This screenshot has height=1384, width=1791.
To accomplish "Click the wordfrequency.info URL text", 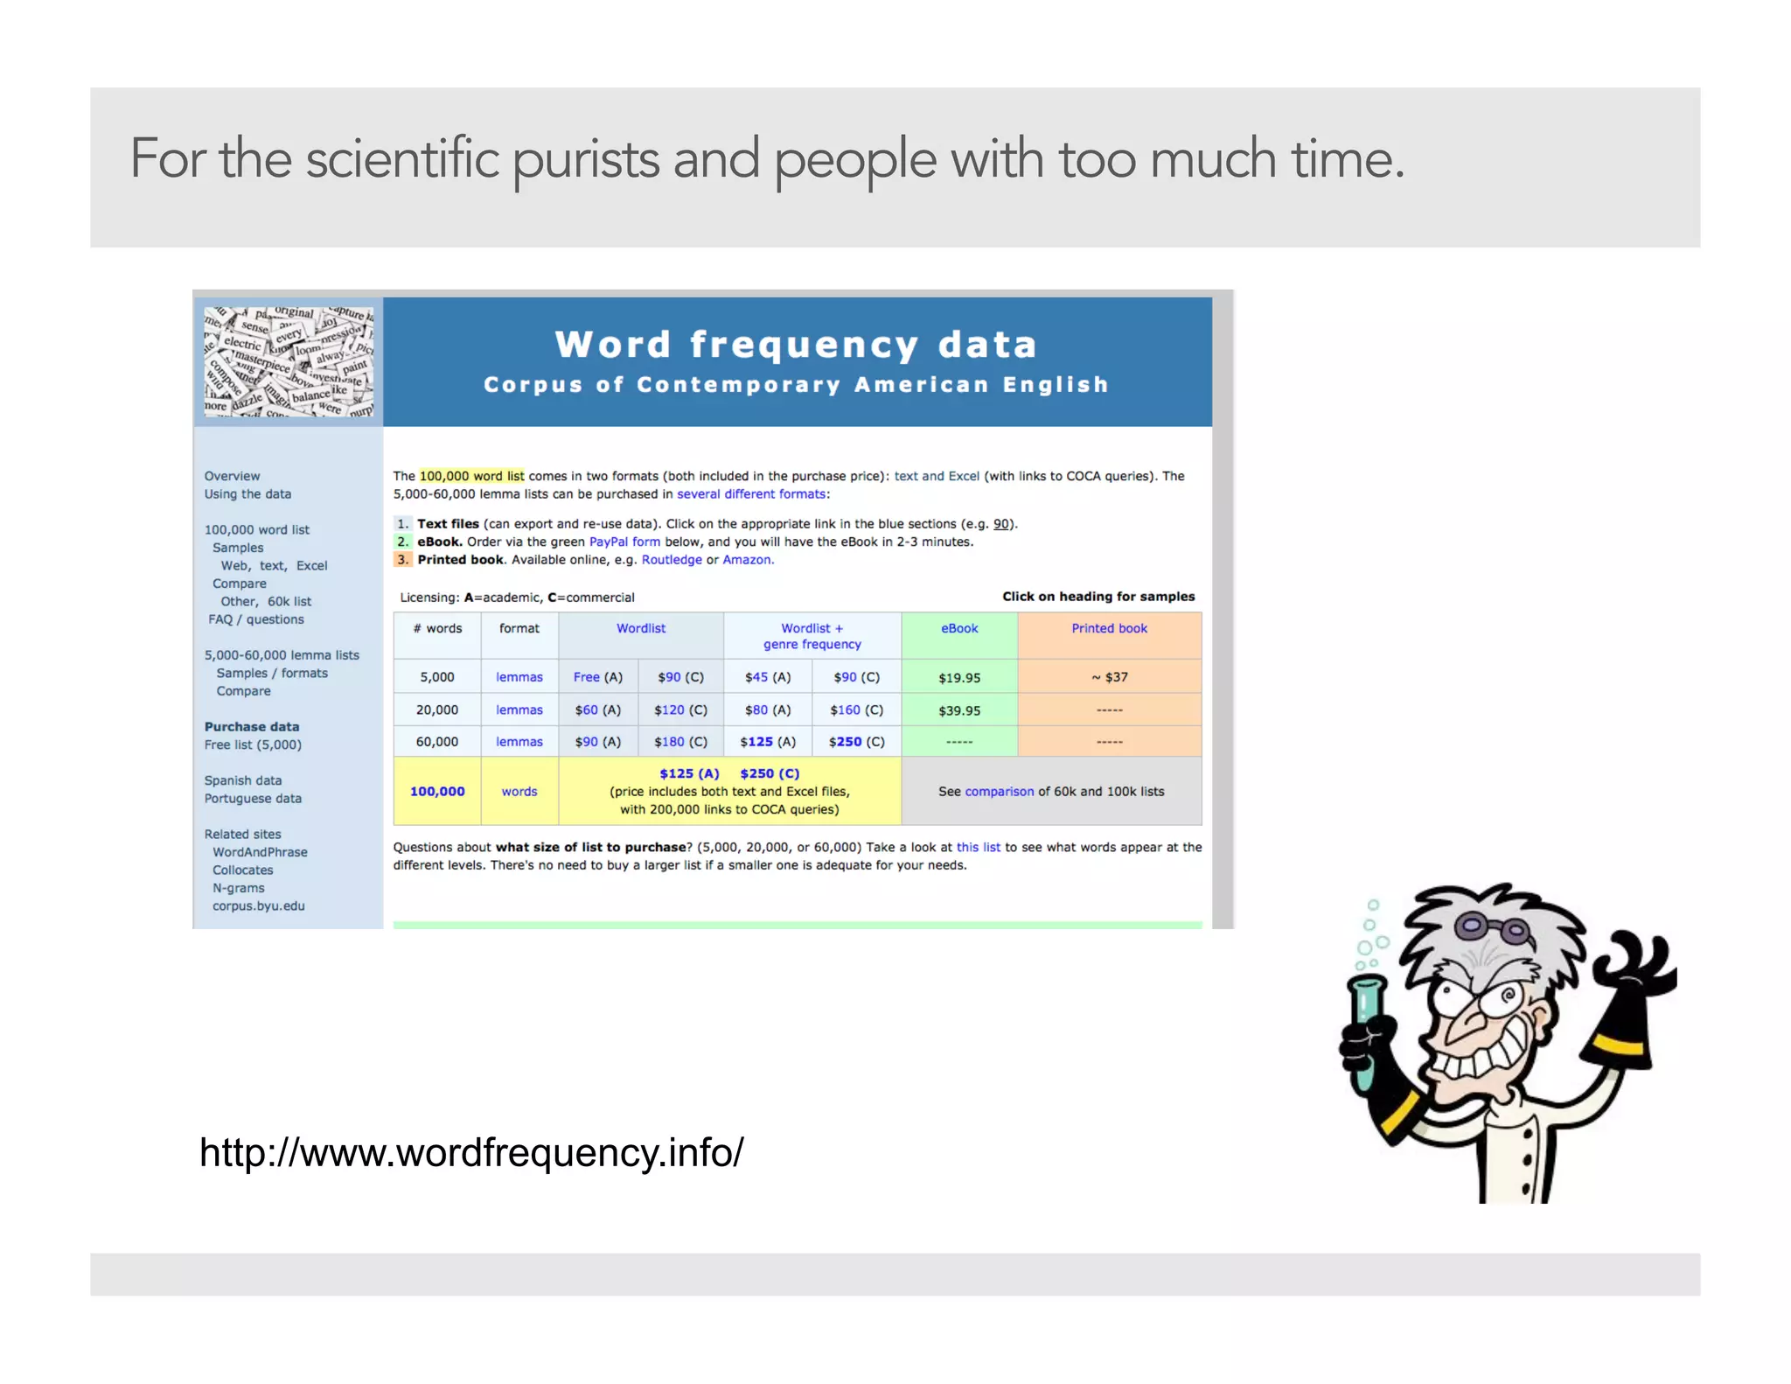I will [x=471, y=1153].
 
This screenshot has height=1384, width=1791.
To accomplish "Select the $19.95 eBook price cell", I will [x=959, y=678].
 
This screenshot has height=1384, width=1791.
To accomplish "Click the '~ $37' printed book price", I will [x=1110, y=677].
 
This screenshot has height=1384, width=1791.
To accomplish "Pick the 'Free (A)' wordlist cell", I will [x=598, y=677].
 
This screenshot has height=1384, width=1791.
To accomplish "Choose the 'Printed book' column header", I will [x=1109, y=628].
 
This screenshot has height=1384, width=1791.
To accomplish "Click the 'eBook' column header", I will [x=959, y=628].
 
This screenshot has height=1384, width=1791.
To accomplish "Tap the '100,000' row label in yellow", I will [x=437, y=792].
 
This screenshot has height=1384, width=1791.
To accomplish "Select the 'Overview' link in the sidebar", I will [x=232, y=476].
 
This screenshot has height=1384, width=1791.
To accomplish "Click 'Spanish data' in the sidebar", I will [x=243, y=780].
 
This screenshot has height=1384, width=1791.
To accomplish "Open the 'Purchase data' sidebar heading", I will [x=252, y=727].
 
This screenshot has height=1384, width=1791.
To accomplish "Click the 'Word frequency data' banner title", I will [x=796, y=345].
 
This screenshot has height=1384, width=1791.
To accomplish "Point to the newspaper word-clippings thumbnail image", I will [x=289, y=361].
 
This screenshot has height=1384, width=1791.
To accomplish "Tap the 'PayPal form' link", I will [x=624, y=542].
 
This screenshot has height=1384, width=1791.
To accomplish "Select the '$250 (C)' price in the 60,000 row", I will [x=856, y=742].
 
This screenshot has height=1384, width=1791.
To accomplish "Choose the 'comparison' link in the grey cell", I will [x=999, y=792].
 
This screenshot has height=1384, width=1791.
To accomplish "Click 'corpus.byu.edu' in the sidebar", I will [x=259, y=906].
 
